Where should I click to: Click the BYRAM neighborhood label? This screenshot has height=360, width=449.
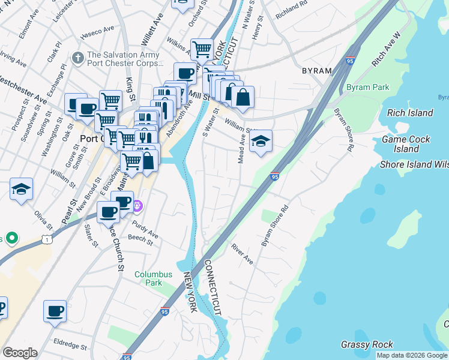(316, 71)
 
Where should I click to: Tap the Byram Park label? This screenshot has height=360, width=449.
(367, 87)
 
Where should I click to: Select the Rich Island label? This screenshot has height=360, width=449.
(411, 113)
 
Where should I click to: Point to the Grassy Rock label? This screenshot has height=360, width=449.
(367, 344)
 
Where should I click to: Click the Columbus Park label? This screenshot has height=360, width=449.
(153, 278)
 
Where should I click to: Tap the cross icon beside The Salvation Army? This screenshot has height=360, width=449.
(77, 58)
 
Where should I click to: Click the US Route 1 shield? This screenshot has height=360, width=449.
(46, 239)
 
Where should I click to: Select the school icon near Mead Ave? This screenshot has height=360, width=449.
(261, 142)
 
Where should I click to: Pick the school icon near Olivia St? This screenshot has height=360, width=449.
(21, 189)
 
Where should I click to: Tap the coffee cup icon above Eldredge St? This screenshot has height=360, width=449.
(55, 311)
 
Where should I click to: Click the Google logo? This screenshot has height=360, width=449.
(20, 353)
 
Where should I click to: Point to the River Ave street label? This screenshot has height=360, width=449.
(243, 254)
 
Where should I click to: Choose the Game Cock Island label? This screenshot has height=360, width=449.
(406, 144)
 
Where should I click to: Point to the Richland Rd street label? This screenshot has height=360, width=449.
(292, 11)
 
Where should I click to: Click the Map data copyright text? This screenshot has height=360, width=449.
(412, 355)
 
